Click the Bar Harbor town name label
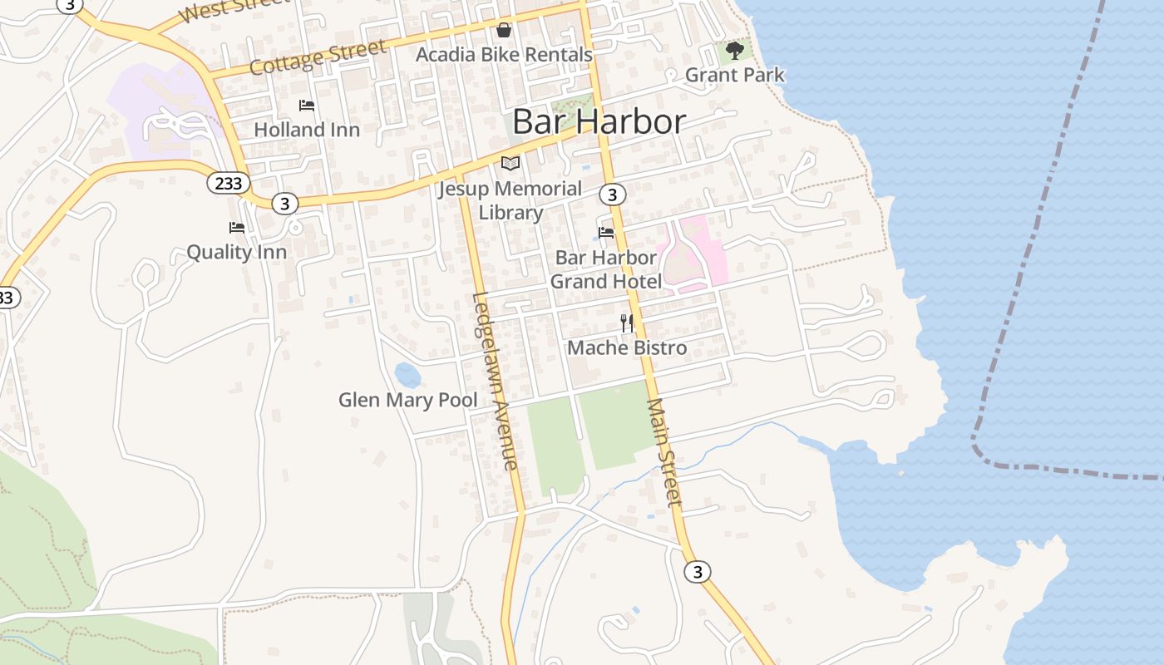coord(599,121)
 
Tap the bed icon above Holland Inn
coord(307,106)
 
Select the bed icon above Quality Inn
coord(237,228)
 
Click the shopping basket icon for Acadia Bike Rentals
coord(504,31)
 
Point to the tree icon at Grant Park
coord(734,51)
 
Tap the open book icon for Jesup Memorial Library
coord(510,164)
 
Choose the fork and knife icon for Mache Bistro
coord(627,323)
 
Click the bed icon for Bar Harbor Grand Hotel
coord(606,233)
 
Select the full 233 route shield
coord(228,183)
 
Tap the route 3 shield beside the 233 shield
coord(285,203)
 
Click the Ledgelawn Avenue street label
coord(496,381)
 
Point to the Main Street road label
coord(664,452)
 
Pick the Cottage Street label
coord(318,57)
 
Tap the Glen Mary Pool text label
coord(407,400)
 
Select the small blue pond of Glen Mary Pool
coord(407,375)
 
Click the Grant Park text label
coord(734,75)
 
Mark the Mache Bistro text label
coord(627,347)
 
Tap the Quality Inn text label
coord(236,252)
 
